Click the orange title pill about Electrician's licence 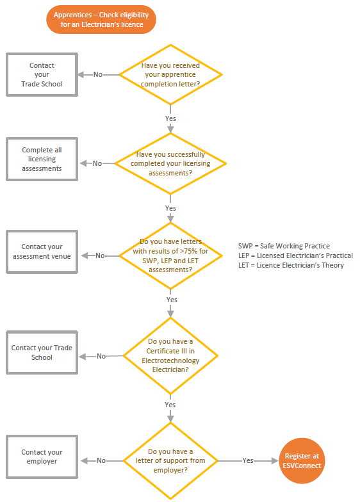(101, 19)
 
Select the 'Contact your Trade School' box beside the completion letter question (42, 74)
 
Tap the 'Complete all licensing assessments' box (42, 159)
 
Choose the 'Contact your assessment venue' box (42, 252)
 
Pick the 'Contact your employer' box (42, 457)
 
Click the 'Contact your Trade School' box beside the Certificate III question (42, 352)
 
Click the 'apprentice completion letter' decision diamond (170, 74)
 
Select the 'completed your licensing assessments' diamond (170, 164)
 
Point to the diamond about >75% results (170, 256)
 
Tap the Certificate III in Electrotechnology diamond (170, 355)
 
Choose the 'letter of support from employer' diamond (170, 461)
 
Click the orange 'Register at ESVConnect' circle (302, 461)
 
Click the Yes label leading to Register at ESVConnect (248, 460)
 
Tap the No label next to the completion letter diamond (97, 74)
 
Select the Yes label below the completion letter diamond (170, 118)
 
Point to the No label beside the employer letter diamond (101, 460)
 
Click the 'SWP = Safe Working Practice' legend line (284, 246)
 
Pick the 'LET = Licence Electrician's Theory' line (291, 265)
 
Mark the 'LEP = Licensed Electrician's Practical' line (295, 255)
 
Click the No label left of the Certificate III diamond (101, 356)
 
